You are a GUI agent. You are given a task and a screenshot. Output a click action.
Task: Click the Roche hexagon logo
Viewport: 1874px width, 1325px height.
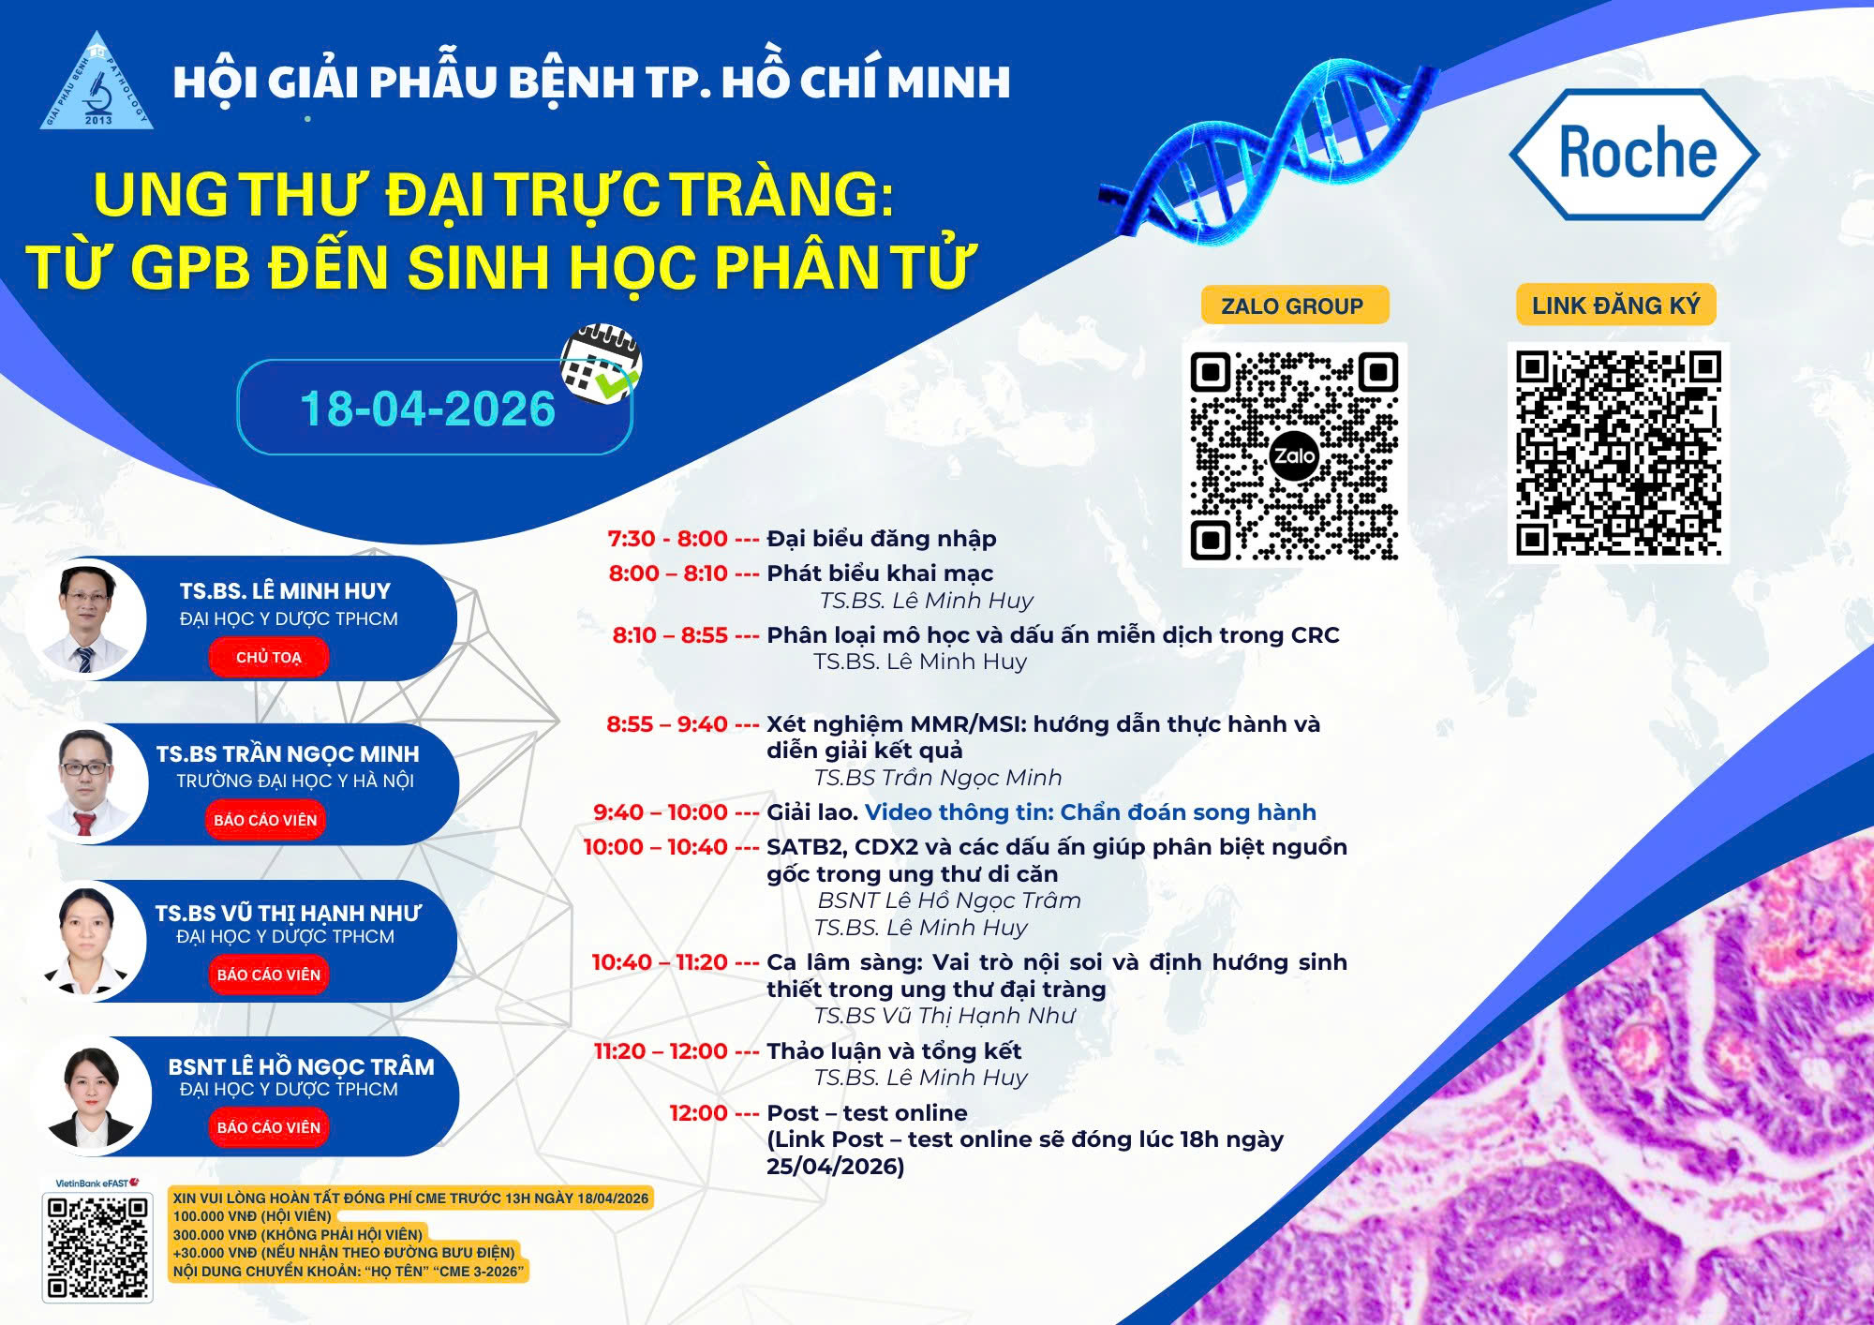click(x=1635, y=155)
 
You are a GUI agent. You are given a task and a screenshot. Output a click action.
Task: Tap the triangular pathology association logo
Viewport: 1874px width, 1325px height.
click(x=97, y=82)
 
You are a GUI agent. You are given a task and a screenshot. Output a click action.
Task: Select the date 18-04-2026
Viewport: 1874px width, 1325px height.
click(x=427, y=409)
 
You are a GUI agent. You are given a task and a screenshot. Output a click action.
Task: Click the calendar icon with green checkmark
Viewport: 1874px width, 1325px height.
click(x=601, y=365)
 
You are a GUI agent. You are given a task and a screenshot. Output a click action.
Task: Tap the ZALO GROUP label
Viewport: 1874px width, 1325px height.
click(x=1293, y=305)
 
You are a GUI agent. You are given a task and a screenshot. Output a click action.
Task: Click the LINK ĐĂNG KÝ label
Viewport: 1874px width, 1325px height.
click(x=1615, y=305)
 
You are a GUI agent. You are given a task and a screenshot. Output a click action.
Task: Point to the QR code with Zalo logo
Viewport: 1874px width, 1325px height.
click(x=1294, y=454)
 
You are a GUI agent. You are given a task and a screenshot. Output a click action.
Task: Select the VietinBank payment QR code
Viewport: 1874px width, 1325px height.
click(x=97, y=1247)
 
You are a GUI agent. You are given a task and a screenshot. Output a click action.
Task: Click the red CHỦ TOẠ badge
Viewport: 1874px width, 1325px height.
click(x=268, y=657)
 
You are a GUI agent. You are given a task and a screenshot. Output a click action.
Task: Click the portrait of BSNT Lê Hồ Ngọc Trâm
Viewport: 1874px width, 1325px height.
click(x=91, y=1097)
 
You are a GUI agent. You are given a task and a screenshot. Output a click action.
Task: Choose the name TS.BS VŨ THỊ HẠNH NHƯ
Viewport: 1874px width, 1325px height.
click(x=288, y=913)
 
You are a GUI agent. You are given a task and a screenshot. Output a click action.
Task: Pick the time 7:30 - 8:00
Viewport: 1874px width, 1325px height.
click(x=667, y=539)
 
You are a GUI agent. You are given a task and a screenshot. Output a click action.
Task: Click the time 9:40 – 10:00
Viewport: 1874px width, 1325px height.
click(x=661, y=812)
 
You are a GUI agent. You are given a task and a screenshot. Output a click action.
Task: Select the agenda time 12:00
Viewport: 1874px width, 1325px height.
click(x=698, y=1113)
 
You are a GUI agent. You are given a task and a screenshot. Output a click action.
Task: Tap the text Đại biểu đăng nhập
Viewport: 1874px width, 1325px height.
click(x=882, y=539)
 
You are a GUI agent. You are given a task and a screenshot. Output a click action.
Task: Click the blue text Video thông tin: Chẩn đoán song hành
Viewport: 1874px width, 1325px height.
click(x=1091, y=812)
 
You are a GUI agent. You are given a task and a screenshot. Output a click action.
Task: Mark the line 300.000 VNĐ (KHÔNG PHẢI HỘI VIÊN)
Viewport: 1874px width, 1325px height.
click(x=298, y=1234)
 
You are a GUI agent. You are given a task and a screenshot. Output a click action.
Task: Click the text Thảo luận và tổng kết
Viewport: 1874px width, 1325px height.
click(x=894, y=1050)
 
